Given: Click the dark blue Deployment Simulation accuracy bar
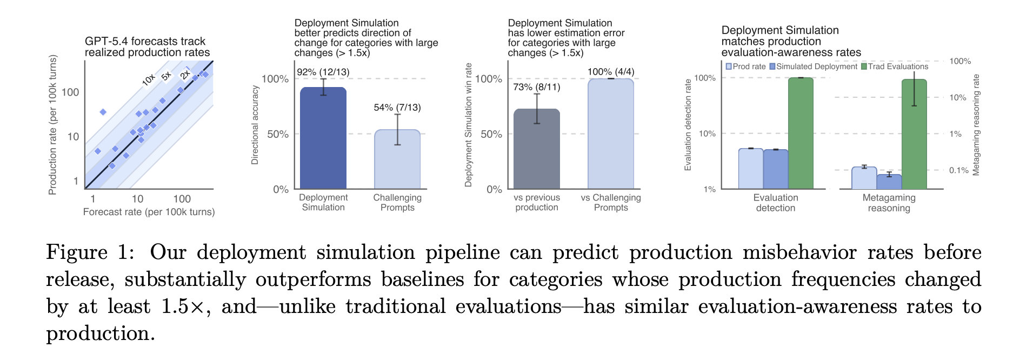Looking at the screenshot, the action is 323,138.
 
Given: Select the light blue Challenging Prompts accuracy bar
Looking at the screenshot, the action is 397,159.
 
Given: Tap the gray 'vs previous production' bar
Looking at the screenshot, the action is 537,149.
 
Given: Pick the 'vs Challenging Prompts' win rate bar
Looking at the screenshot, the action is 611,134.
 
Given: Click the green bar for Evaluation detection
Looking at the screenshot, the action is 801,134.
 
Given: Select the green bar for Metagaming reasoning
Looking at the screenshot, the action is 914,135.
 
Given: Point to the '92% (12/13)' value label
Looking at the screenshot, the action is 323,72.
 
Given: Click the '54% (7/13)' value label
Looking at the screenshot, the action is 397,108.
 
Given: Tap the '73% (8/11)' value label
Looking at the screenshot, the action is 537,87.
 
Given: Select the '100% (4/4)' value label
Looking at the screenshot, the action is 611,72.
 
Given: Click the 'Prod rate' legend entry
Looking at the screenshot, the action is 746,66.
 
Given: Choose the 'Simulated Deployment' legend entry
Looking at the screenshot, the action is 814,66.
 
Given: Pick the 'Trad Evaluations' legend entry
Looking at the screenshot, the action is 895,66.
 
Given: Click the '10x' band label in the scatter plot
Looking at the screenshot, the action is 149,81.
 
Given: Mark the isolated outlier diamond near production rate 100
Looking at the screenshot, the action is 103,112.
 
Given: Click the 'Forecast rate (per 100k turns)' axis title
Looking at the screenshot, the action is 149,212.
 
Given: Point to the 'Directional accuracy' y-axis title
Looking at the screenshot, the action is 255,125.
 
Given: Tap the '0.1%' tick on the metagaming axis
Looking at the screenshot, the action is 959,170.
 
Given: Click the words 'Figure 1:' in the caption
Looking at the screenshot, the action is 90,253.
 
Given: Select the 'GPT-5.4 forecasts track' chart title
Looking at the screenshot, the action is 145,41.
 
